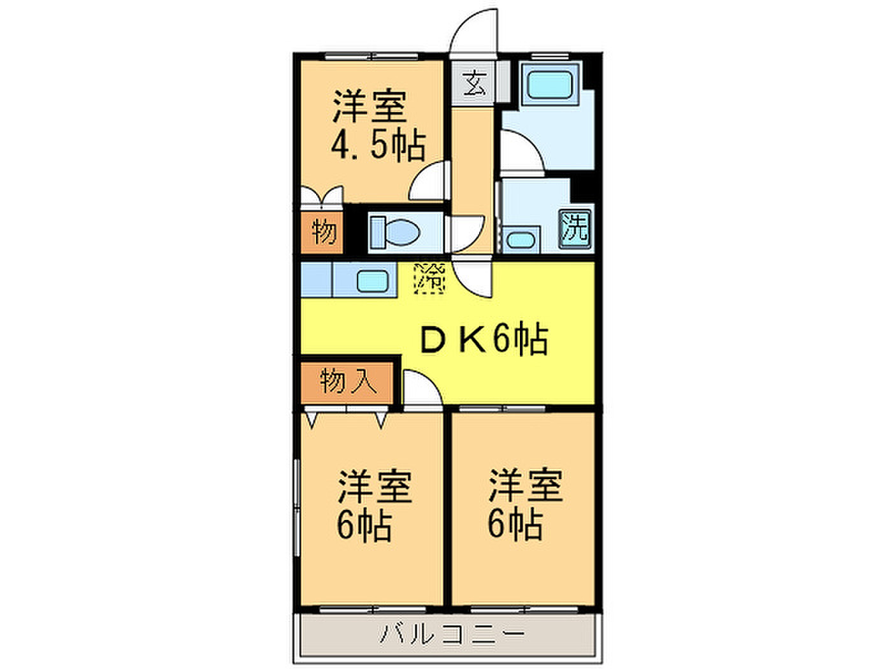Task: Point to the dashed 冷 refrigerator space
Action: pos(429,278)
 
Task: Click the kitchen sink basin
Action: pos(373,281)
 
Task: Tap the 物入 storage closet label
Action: pos(349,382)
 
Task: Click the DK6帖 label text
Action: pos(484,340)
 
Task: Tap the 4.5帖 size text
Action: pos(378,145)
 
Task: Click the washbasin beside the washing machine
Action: pos(521,240)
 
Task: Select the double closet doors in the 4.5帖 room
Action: pos(322,196)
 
